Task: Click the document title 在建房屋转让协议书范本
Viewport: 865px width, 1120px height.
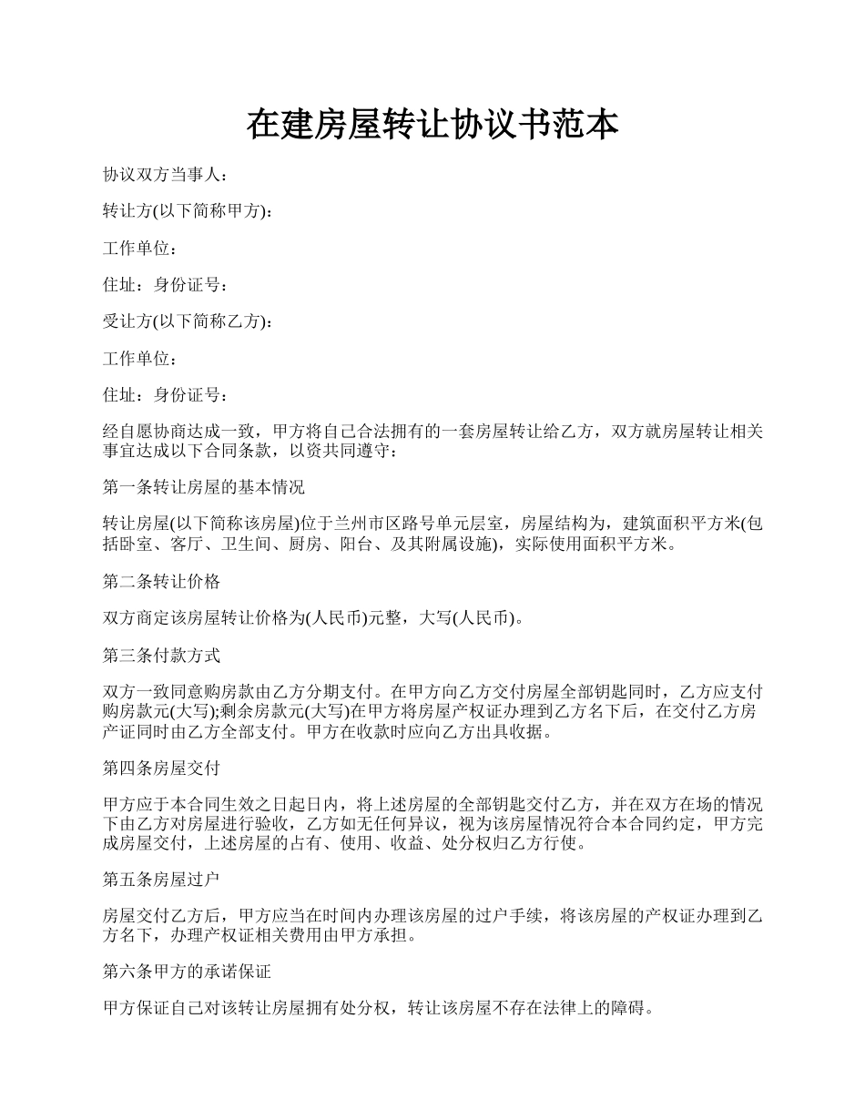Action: pyautogui.click(x=432, y=126)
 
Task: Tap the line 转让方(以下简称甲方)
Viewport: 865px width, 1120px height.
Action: pyautogui.click(x=186, y=211)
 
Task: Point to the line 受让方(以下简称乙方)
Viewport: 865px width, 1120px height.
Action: pyautogui.click(x=186, y=321)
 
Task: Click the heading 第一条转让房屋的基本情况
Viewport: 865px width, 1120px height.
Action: pyautogui.click(x=204, y=487)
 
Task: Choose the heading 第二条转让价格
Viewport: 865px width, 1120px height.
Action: pyautogui.click(x=161, y=581)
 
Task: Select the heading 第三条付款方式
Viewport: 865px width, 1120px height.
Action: pyautogui.click(x=161, y=656)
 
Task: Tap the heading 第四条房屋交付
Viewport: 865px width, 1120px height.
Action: pyautogui.click(x=161, y=768)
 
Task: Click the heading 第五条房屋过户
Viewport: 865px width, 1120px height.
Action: pyautogui.click(x=161, y=880)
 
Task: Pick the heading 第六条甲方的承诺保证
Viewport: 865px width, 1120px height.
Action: pyautogui.click(x=187, y=972)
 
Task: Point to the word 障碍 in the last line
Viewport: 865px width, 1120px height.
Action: pyautogui.click(x=628, y=1009)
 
